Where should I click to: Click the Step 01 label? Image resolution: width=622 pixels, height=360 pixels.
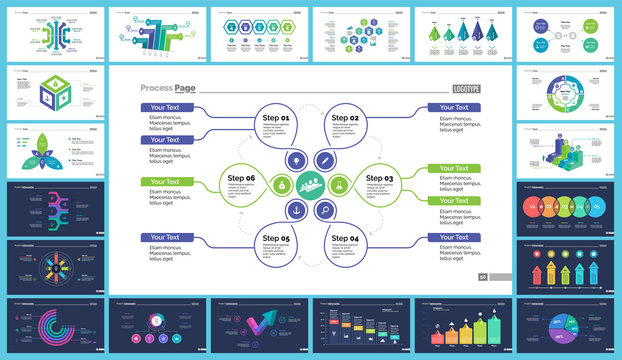(x=277, y=118)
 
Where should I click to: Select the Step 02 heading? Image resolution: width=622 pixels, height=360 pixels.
(x=346, y=118)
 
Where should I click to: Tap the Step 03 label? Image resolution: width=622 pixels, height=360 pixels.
(x=381, y=177)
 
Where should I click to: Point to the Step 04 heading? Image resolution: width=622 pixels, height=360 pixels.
(x=346, y=239)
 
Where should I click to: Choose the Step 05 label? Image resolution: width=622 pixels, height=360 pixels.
(x=277, y=239)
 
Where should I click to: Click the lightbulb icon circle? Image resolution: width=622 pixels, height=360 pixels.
(x=297, y=159)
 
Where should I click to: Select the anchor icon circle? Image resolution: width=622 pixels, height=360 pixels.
(x=297, y=210)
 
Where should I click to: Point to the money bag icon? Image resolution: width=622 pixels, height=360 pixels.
(x=283, y=184)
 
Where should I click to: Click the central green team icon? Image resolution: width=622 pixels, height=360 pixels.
(x=312, y=184)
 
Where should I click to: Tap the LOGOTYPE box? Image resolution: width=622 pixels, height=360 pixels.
(x=466, y=88)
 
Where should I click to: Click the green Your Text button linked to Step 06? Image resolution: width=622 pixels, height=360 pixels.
(x=167, y=181)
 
